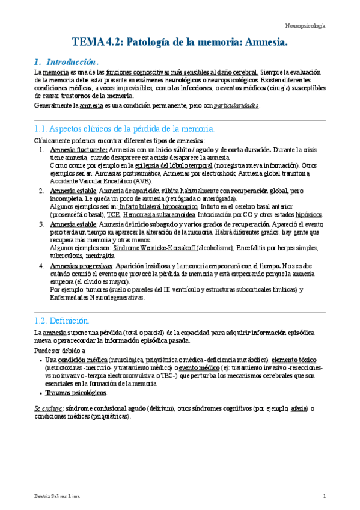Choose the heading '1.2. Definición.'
(x=62, y=320)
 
